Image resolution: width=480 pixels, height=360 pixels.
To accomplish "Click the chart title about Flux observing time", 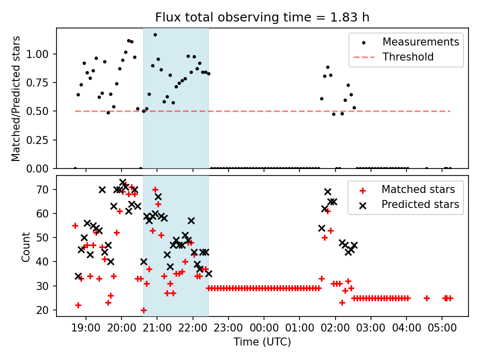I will (262, 17).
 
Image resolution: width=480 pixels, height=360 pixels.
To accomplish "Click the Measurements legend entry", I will (420, 42).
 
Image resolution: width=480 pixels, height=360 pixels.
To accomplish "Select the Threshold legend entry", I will (408, 57).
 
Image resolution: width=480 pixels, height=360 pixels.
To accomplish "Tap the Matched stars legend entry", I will (418, 189).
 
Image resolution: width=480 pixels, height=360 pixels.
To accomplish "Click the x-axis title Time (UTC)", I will (262, 342).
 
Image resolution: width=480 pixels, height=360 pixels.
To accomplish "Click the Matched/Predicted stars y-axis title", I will (16, 98).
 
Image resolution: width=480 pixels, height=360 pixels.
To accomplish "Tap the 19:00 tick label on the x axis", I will (86, 328).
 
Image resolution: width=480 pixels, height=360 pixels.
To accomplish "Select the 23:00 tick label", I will (228, 328).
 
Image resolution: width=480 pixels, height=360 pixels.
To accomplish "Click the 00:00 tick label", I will (264, 328).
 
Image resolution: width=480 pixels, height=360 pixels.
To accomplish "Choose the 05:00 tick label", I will (442, 328).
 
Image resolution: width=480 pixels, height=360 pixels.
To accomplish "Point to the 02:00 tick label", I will (335, 328).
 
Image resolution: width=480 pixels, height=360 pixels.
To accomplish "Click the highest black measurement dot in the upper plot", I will (155, 34).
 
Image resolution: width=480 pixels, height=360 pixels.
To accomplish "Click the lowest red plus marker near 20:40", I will (143, 310).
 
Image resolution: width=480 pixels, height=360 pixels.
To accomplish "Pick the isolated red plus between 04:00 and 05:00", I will (426, 298).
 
